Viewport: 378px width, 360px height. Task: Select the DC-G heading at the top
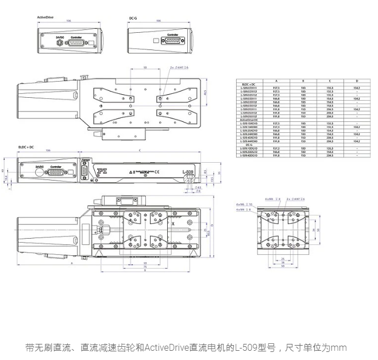click(x=133, y=17)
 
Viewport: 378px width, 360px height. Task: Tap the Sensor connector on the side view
click(x=86, y=171)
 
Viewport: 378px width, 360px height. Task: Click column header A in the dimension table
click(x=276, y=81)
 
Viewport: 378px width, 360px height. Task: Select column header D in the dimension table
click(x=356, y=81)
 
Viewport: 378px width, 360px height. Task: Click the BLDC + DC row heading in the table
click(x=249, y=85)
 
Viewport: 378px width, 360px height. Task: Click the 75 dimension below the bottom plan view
click(x=145, y=267)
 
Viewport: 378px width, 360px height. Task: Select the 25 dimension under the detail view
click(x=283, y=259)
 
